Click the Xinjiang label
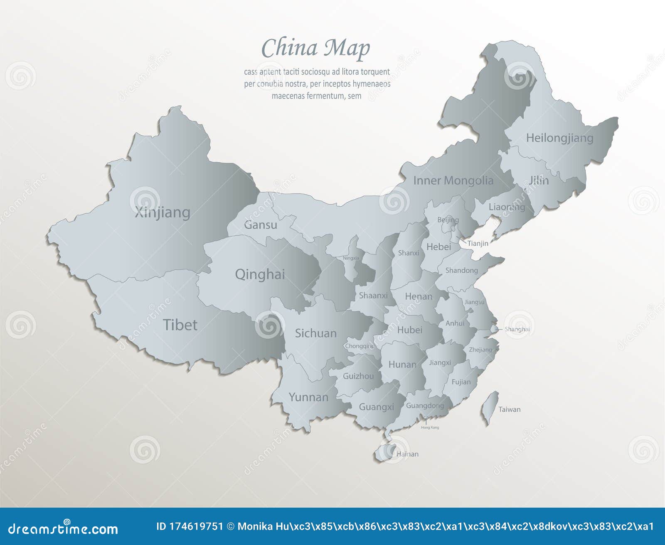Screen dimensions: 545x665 [x=163, y=213]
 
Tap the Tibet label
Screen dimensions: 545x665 [x=180, y=325]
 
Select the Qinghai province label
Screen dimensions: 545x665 [x=260, y=274]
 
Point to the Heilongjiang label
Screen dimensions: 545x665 [x=559, y=138]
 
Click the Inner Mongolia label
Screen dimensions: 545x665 [x=453, y=181]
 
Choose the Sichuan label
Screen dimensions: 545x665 [x=315, y=333]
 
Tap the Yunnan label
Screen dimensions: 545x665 [x=308, y=397]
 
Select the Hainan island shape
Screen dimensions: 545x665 [x=384, y=452]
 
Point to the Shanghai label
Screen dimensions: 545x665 [x=517, y=329]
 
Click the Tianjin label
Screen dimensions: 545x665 [x=478, y=243]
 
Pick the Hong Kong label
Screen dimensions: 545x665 [x=430, y=427]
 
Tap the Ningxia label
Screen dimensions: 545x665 [x=351, y=258]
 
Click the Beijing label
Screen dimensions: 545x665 [x=448, y=220]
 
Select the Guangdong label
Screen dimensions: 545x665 [x=425, y=406]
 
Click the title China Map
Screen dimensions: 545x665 [x=315, y=48]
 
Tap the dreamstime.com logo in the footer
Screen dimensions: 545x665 [x=63, y=528]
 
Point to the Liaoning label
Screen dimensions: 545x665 [x=507, y=207]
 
